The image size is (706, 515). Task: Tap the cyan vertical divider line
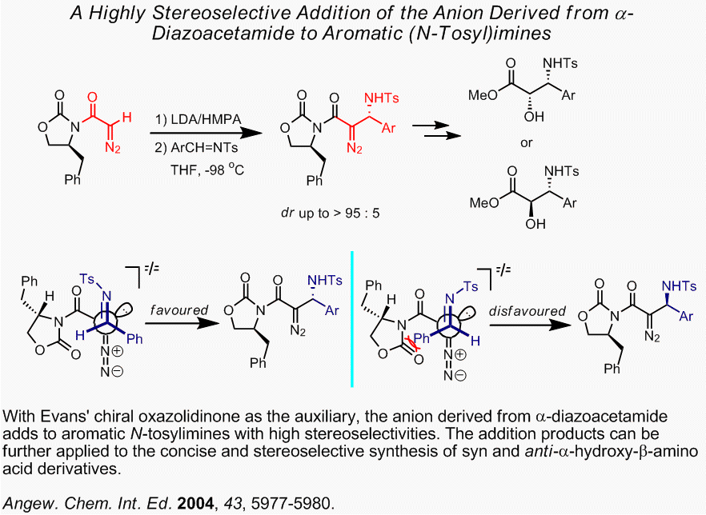point(353,320)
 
